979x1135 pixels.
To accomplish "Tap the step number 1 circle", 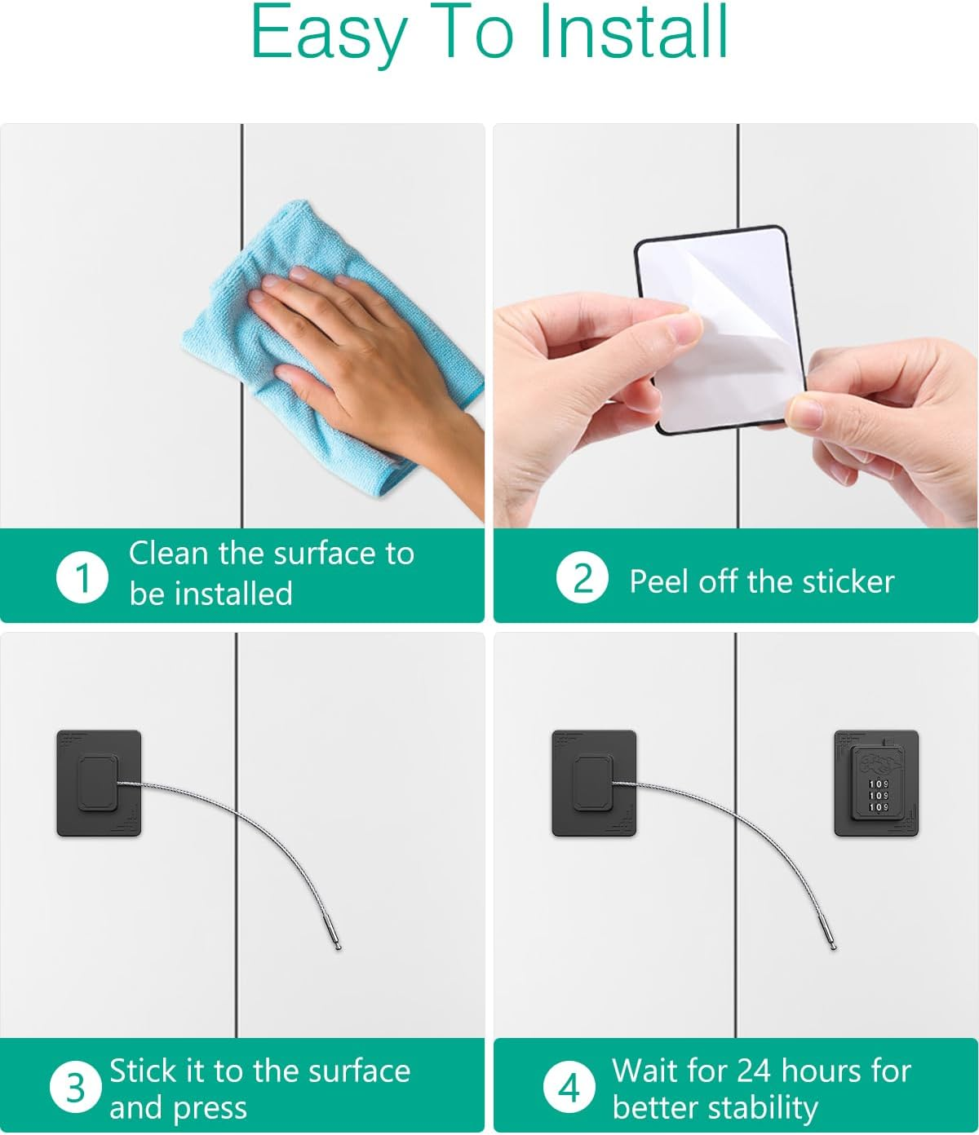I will click(82, 577).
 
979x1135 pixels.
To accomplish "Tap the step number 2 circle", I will click(582, 578).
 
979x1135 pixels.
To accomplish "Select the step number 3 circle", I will click(75, 1087).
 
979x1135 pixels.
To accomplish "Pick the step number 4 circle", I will click(569, 1087).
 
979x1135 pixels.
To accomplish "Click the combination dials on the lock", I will click(878, 795).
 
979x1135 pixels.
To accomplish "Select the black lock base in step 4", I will click(876, 783).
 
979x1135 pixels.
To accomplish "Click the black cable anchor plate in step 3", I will click(99, 783).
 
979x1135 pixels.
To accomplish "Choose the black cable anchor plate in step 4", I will click(594, 783).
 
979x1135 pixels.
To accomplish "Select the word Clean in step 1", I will click(168, 554).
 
